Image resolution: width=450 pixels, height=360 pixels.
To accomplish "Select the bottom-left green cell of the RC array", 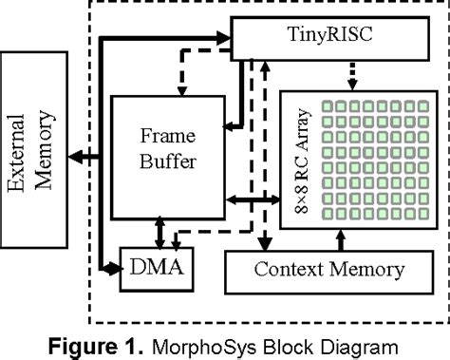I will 314,218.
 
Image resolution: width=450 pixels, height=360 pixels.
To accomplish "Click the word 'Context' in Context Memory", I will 286,271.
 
